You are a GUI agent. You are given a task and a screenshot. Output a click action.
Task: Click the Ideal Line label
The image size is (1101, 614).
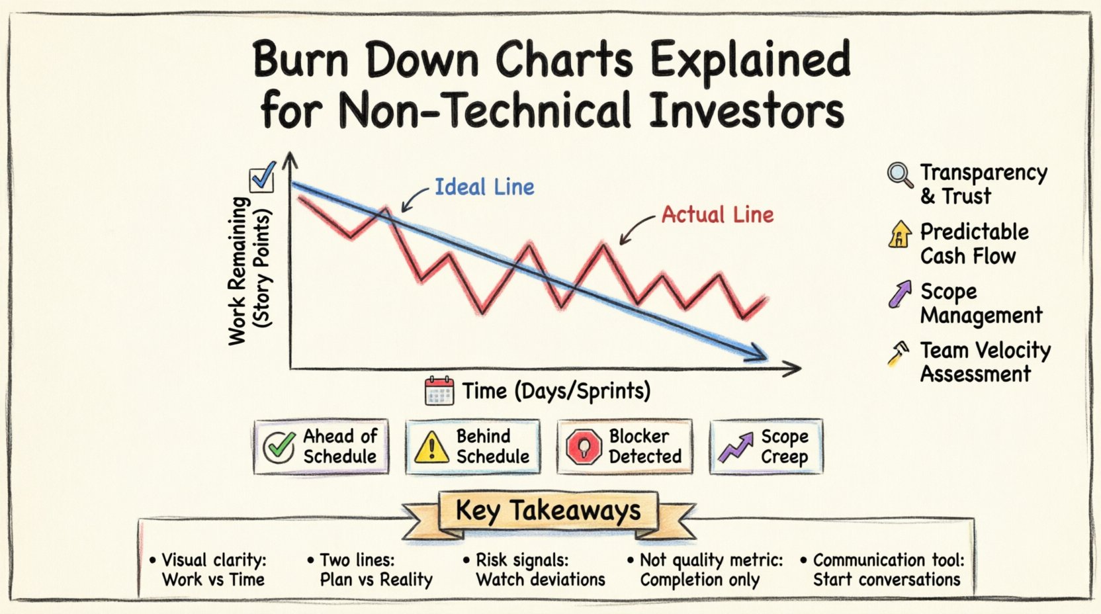[x=484, y=187]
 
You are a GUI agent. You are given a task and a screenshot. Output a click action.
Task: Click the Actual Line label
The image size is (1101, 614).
[x=717, y=214]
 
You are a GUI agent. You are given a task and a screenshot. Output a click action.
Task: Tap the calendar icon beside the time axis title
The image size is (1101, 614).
[x=439, y=391]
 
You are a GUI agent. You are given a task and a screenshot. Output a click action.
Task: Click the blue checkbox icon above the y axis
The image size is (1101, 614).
[x=262, y=177]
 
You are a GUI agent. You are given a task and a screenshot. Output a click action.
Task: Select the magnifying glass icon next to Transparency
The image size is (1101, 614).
[x=899, y=175]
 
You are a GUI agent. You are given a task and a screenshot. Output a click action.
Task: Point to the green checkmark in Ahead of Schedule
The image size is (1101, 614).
[x=279, y=447]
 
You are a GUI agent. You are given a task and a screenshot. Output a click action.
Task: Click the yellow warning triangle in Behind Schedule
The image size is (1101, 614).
[x=431, y=447]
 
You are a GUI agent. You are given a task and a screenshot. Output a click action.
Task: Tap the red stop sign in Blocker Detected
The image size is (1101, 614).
[x=584, y=447]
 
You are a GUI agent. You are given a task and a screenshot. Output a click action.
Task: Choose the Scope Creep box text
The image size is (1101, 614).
[x=784, y=447]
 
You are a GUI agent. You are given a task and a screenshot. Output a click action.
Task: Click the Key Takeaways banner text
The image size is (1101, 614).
[x=549, y=510]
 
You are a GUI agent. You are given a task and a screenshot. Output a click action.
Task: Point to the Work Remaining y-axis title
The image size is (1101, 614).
[x=249, y=270]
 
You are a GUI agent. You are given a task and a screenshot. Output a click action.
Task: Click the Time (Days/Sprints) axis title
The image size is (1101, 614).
[x=556, y=391]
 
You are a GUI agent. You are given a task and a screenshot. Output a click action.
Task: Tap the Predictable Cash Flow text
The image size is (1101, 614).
[x=973, y=243]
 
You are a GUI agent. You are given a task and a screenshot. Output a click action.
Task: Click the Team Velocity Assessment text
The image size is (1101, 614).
[x=985, y=362]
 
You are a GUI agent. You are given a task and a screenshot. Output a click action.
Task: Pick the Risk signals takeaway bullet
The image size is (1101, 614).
[x=534, y=570]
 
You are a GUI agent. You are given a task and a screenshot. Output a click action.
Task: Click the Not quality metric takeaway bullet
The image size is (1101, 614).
[x=705, y=570]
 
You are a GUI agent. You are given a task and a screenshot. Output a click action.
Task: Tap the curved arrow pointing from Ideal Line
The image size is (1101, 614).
[x=415, y=199]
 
